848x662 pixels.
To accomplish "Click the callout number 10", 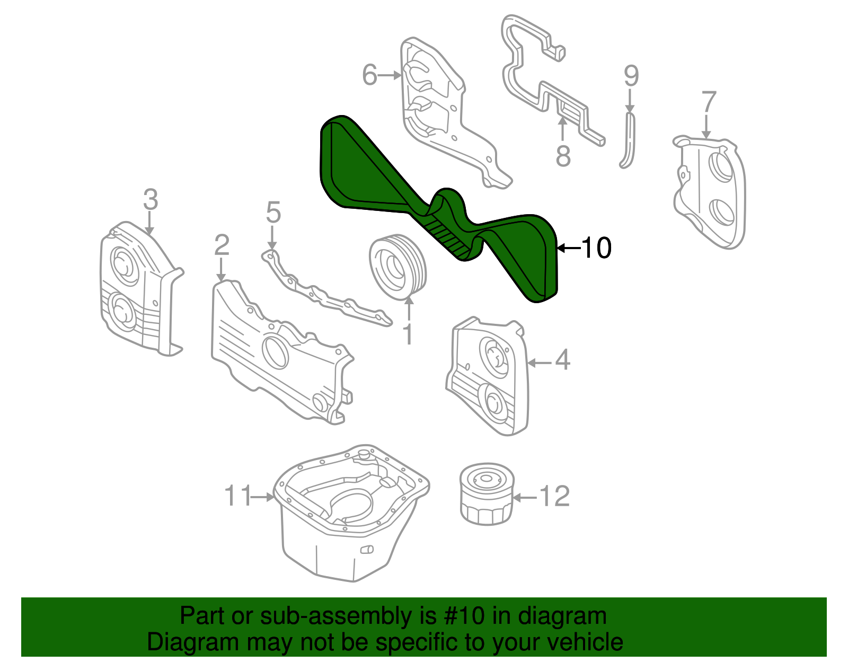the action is coord(597,248).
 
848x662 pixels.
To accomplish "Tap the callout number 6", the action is coord(369,75).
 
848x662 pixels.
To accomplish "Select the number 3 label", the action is coord(151,200).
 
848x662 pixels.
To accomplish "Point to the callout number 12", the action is coord(554,497).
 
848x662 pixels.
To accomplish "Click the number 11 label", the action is coord(237,496).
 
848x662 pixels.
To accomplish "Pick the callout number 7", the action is coord(709,102).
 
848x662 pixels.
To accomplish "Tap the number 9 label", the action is coord(631,76).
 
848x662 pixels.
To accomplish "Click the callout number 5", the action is coord(273,213).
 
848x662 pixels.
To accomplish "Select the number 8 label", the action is coord(563,156).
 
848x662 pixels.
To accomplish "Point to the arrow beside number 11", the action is coord(262,497).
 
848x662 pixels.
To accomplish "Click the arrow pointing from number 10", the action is coord(569,248).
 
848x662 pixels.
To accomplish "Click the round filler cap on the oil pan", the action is coord(363,455).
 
